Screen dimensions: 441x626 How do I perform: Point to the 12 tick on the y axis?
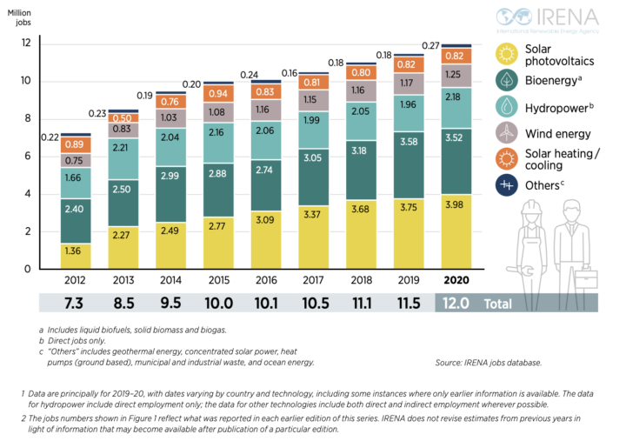[x=26, y=43]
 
